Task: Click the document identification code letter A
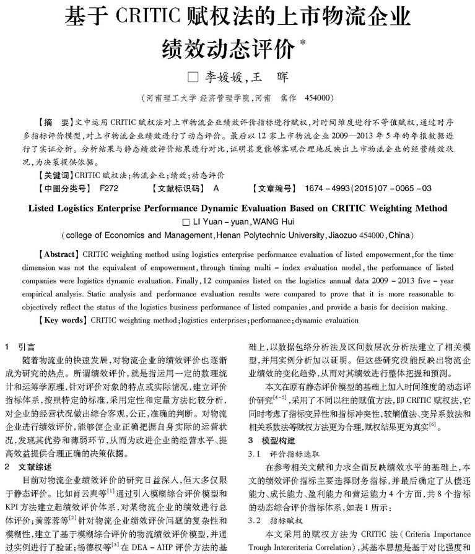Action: click(x=216, y=188)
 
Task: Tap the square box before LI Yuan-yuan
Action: click(x=187, y=221)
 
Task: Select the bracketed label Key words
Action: click(x=61, y=320)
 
